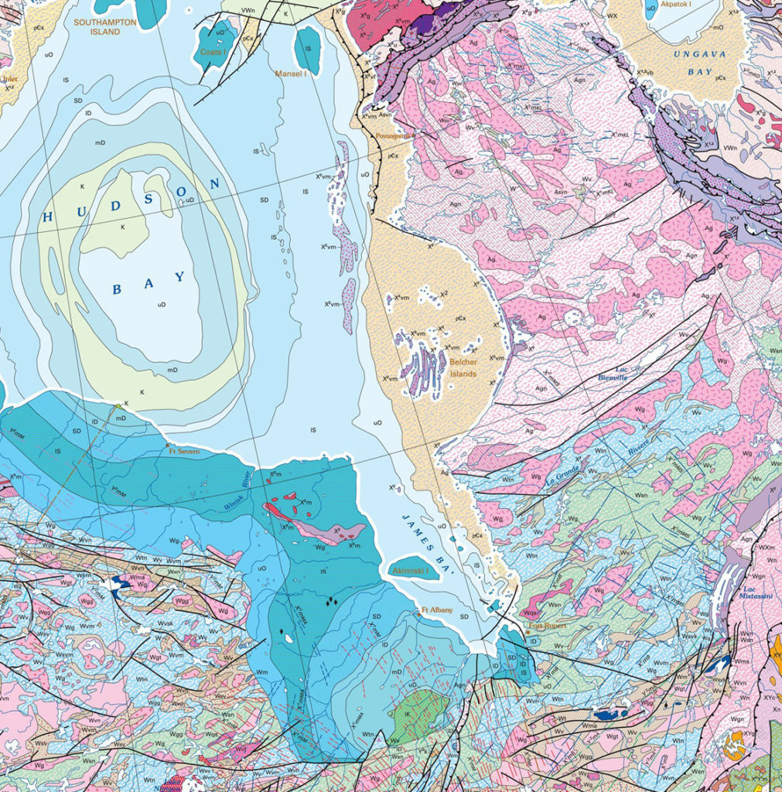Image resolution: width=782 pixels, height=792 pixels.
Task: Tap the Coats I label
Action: click(213, 52)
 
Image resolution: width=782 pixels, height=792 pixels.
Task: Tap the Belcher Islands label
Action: click(463, 367)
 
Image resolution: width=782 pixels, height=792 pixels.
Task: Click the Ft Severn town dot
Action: click(167, 445)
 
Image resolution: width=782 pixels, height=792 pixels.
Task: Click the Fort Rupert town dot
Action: click(527, 632)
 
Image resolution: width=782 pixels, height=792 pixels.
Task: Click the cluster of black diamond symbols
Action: click(331, 599)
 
